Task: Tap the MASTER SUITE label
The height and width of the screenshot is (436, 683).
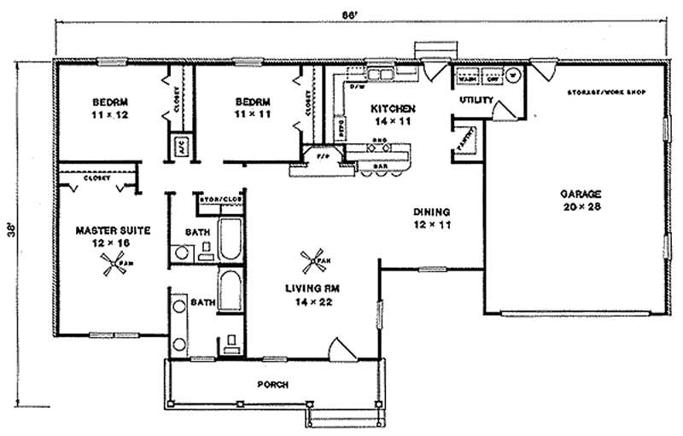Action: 102,230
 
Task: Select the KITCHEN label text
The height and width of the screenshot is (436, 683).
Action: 393,109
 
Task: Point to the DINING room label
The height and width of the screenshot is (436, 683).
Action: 431,212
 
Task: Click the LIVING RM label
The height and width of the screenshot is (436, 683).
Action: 308,288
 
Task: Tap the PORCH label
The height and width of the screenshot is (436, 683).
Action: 273,385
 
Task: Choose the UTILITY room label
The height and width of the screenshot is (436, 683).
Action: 476,101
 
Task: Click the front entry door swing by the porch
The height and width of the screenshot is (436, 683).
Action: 340,350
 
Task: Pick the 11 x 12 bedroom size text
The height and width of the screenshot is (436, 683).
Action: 109,113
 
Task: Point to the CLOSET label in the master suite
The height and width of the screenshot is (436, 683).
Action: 96,178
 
